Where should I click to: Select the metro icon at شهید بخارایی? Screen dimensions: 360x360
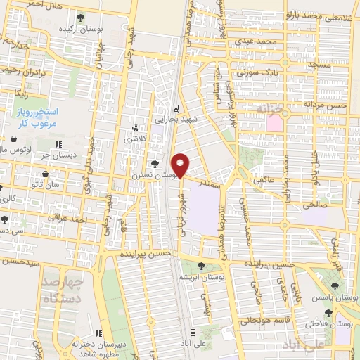click(x=176, y=108)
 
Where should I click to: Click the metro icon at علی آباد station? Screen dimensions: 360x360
click(x=193, y=331)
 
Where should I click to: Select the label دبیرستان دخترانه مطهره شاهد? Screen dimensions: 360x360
click(x=99, y=345)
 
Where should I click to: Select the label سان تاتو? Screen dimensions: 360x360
click(x=60, y=185)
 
